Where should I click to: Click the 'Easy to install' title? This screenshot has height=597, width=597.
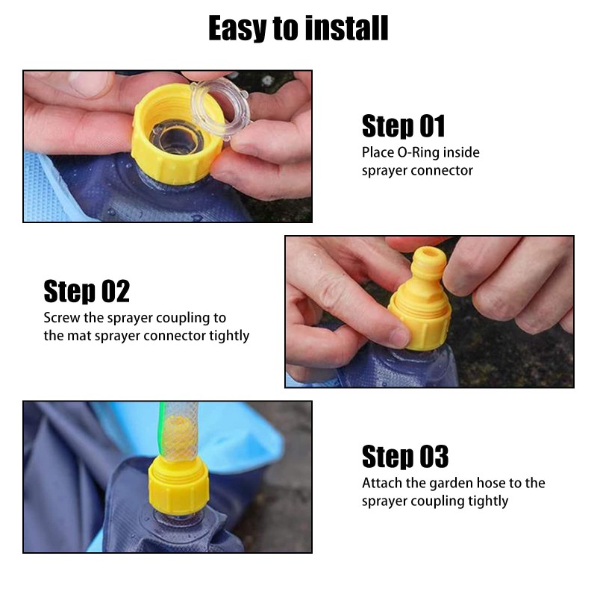click(298, 28)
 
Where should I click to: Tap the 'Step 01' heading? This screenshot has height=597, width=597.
click(403, 125)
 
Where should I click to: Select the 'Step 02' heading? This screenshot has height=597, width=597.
click(87, 291)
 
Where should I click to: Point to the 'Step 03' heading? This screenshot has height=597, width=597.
click(405, 456)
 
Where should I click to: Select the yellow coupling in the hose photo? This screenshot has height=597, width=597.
click(178, 487)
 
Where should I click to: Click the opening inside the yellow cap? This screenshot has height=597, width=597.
click(176, 137)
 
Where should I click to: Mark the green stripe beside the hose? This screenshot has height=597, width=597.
click(162, 431)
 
